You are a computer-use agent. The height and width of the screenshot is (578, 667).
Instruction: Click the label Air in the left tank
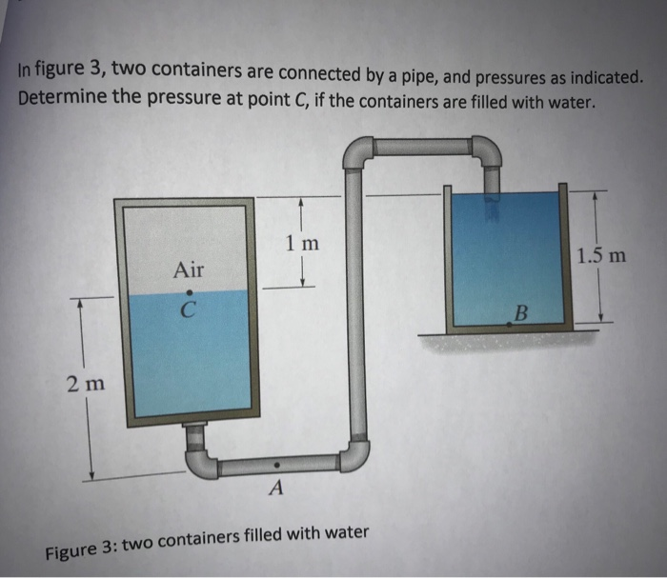point(189,269)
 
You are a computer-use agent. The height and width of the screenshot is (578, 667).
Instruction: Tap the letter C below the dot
point(189,310)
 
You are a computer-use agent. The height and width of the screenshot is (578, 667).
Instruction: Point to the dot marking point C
point(189,291)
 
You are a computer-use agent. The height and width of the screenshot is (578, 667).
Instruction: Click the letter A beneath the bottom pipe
point(276,489)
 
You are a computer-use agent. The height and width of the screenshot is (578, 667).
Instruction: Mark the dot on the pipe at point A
point(276,465)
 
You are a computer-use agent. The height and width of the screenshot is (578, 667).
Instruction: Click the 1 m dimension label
point(302,244)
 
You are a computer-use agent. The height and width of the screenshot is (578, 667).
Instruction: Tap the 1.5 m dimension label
point(602,255)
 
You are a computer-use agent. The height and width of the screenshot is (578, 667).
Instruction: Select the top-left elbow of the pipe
point(357,152)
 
